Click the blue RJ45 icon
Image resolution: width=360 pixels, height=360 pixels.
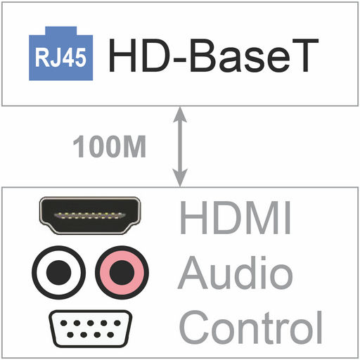61,56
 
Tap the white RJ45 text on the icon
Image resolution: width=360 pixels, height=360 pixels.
60,58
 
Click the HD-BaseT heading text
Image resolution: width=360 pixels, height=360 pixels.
214,55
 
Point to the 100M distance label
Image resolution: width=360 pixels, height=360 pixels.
110,146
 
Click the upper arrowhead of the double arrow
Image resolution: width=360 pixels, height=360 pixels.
180,115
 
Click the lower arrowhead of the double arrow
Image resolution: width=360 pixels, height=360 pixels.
180,178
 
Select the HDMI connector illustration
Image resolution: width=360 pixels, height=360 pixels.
90,215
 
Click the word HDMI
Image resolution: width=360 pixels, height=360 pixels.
236,217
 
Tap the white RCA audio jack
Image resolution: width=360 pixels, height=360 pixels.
58,272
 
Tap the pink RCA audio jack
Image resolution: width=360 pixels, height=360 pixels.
122,272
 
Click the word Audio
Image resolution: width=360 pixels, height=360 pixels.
235,272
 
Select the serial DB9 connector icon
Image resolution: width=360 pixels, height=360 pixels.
90,328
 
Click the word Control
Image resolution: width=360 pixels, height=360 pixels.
251,327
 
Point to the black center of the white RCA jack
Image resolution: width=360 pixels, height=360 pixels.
58,272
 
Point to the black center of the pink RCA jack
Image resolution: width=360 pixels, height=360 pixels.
122,272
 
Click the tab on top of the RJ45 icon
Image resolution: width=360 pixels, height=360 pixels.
61,31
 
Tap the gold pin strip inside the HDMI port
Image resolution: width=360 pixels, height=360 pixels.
90,216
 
